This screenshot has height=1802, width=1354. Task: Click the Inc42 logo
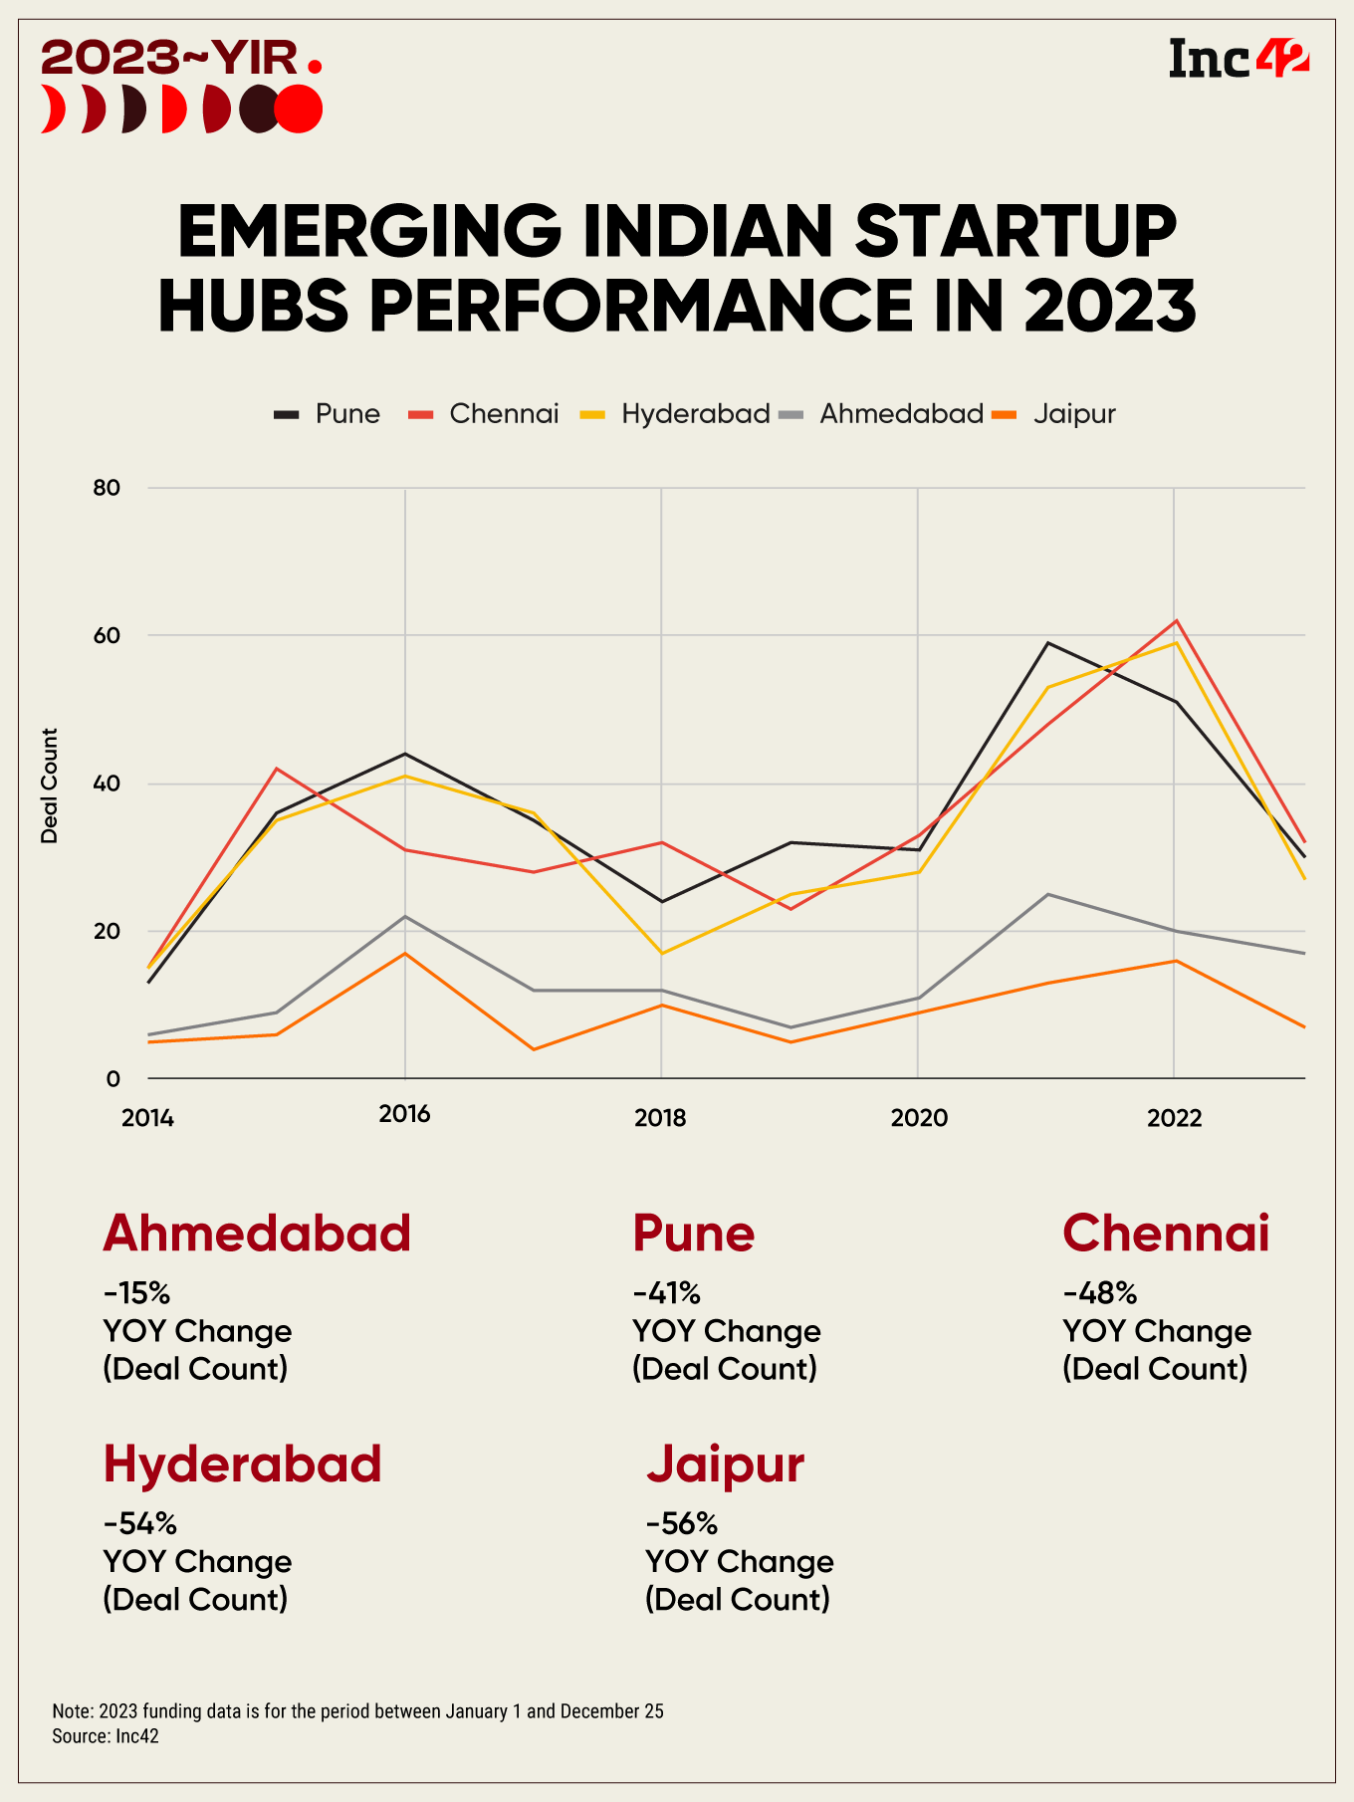pos(1238,59)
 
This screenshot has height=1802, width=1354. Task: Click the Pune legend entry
pos(328,414)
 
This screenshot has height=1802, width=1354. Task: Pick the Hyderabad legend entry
pos(676,414)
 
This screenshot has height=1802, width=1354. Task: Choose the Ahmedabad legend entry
pos(882,414)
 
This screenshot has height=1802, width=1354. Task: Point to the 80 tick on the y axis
pos(107,488)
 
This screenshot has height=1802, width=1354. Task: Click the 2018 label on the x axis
pos(660,1118)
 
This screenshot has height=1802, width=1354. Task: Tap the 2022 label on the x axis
pos(1175,1118)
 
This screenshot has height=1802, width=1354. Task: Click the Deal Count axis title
pos(50,786)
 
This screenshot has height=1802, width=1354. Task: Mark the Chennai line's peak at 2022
pos(1177,621)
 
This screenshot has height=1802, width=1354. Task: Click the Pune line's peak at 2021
pos(1047,643)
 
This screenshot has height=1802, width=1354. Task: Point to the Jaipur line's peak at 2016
pos(404,954)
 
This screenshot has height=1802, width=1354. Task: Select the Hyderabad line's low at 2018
pos(661,953)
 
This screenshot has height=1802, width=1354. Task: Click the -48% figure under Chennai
pos(1100,1293)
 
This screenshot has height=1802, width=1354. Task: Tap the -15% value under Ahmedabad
pos(136,1293)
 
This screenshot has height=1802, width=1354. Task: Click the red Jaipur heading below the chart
pos(725,1464)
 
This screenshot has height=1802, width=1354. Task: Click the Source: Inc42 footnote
pos(106,1736)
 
